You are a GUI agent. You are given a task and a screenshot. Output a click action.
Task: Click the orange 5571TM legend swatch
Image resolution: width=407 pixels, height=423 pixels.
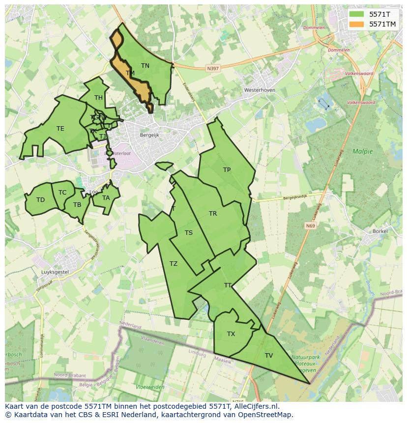[357, 24]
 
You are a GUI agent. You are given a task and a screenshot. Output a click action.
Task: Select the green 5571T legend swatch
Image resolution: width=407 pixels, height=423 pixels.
[357, 14]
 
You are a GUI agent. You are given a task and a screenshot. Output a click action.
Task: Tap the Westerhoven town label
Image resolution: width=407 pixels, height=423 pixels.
[259, 90]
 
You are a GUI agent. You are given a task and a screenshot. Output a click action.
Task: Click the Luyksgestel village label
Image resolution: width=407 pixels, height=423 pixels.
[55, 272]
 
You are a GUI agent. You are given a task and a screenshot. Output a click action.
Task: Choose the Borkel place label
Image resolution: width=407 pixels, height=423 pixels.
[380, 231]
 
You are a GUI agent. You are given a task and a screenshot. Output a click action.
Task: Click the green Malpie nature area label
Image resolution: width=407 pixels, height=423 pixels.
[362, 151]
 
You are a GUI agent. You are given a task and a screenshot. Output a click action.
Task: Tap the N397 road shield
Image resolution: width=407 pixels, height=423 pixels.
[213, 69]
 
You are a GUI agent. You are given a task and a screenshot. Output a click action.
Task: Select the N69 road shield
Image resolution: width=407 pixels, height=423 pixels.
[310, 226]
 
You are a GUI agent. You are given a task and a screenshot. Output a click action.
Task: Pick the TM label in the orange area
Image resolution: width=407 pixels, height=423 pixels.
[130, 73]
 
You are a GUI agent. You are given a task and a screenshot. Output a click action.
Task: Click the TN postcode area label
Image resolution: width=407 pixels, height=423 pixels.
[145, 65]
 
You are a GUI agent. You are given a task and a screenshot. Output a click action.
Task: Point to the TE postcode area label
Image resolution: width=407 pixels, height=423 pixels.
[60, 129]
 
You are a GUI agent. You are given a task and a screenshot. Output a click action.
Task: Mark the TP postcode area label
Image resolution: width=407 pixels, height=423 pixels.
[227, 170]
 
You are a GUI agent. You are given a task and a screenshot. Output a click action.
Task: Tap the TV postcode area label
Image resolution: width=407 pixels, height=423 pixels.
[268, 356]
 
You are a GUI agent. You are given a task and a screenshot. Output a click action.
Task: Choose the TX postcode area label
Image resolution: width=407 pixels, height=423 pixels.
[231, 334]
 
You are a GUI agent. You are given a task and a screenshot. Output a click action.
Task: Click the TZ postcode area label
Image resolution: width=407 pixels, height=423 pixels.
[173, 264]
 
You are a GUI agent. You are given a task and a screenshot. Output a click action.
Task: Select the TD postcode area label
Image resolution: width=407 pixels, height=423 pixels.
[40, 200]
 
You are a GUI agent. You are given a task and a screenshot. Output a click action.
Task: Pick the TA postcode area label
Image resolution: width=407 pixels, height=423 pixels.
[106, 198]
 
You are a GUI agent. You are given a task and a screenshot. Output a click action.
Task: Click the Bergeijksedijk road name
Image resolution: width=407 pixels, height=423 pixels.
[294, 197]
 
